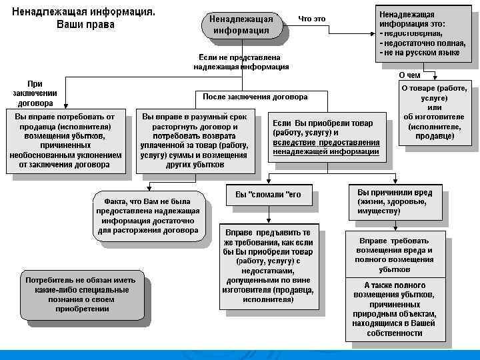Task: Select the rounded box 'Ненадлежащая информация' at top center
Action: pos(239,25)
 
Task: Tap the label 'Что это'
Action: pos(311,19)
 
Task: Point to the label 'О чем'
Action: pos(409,75)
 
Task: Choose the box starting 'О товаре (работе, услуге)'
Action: pos(434,112)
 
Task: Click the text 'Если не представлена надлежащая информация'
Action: pos(241,62)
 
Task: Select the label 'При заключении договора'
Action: pos(35,94)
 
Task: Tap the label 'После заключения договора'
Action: pos(255,97)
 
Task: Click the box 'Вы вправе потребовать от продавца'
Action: pos(65,141)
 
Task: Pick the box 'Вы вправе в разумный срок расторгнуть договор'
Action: pos(194,141)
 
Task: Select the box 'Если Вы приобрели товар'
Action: pos(326,137)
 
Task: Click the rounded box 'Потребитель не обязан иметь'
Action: pos(81,295)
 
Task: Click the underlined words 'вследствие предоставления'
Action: pos(326,143)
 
